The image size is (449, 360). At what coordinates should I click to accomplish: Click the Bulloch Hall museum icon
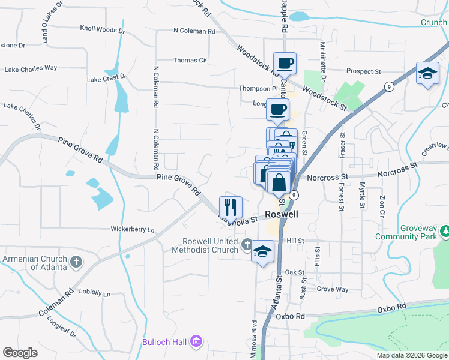pyautogui.click(x=195, y=342)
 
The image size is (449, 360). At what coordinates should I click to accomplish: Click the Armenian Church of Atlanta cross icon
pyautogui.click(x=76, y=262)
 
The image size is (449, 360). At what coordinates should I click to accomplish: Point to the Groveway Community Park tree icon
pyautogui.click(x=445, y=230)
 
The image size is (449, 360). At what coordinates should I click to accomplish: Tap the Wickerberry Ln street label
pyautogui.click(x=132, y=229)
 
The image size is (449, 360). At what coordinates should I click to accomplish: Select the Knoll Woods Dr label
pyautogui.click(x=103, y=29)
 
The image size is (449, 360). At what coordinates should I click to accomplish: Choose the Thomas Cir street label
pyautogui.click(x=190, y=60)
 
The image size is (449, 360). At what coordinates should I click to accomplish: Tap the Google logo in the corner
pyautogui.click(x=20, y=353)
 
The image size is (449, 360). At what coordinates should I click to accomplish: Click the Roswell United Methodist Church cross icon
pyautogui.click(x=246, y=244)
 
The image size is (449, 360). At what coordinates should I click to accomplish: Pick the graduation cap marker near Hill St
pyautogui.click(x=263, y=250)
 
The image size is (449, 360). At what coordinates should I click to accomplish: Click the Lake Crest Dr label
pyautogui.click(x=107, y=78)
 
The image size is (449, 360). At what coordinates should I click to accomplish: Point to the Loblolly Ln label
pyautogui.click(x=90, y=295)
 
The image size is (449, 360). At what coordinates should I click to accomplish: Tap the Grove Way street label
pyautogui.click(x=333, y=289)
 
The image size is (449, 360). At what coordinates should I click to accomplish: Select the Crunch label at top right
pyautogui.click(x=433, y=23)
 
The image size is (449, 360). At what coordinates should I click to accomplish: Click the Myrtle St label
pyautogui.click(x=362, y=195)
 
